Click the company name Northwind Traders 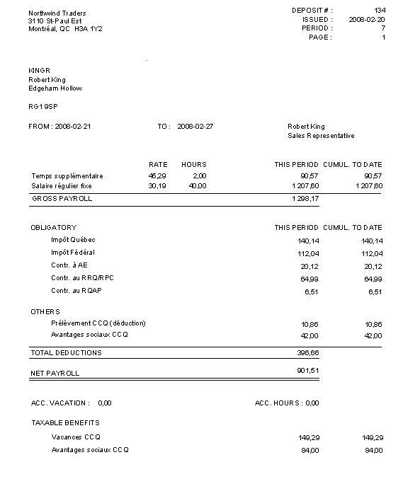point(57,13)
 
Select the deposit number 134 point(380,11)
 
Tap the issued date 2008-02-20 point(367,20)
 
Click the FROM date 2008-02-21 point(73,126)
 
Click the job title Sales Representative point(321,136)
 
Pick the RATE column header point(158,165)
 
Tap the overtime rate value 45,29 point(157,175)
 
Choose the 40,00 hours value point(198,186)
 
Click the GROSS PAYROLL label point(62,200)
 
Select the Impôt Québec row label point(73,240)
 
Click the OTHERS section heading point(45,312)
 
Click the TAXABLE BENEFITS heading point(65,423)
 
